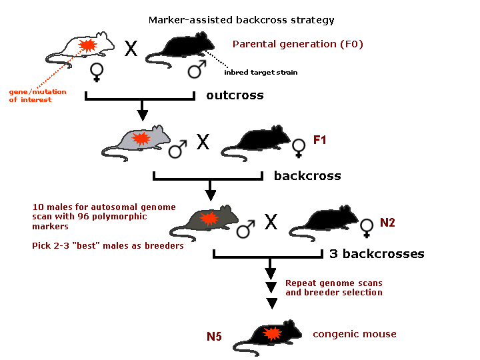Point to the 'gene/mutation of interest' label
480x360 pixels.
click(x=30, y=95)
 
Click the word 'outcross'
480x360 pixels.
click(x=235, y=95)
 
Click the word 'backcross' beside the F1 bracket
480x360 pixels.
click(x=307, y=176)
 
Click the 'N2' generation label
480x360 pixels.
click(x=387, y=222)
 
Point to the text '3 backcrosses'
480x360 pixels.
click(x=377, y=254)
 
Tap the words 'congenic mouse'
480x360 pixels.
click(x=355, y=334)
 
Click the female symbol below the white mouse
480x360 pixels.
click(x=97, y=73)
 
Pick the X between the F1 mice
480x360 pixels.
click(x=203, y=141)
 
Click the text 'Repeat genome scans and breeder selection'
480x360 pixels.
click(x=333, y=287)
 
